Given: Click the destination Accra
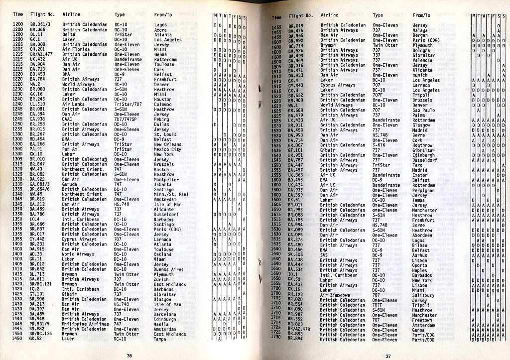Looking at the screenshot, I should [161, 29].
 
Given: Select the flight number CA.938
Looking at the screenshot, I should [38, 119].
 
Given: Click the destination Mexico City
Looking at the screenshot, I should [168, 149].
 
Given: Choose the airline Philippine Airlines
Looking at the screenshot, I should [85, 324].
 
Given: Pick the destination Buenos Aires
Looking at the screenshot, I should [169, 269].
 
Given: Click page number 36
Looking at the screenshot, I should [129, 355].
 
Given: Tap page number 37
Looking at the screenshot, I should [389, 356].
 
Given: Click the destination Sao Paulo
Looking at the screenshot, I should [423, 111].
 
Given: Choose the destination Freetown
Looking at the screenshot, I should [422, 320].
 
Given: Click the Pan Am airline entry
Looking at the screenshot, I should [70, 149].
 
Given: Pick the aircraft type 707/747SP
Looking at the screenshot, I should [127, 119].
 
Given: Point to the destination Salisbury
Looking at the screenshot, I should [423, 295].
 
